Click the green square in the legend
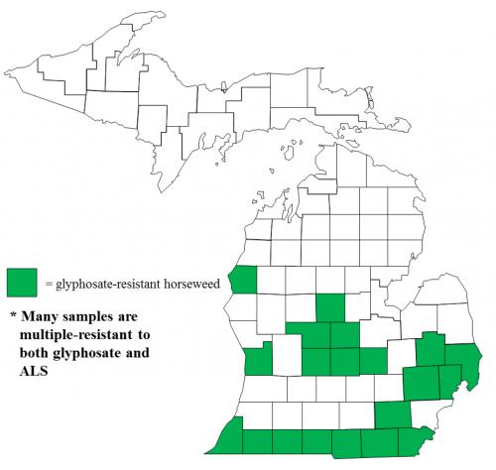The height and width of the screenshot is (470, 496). coord(22,283)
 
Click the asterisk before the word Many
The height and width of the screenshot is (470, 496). coord(13,318)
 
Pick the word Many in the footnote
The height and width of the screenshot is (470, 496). coord(45,318)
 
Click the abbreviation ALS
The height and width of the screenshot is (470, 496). coord(36,374)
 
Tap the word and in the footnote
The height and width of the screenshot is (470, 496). coord(169,356)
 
